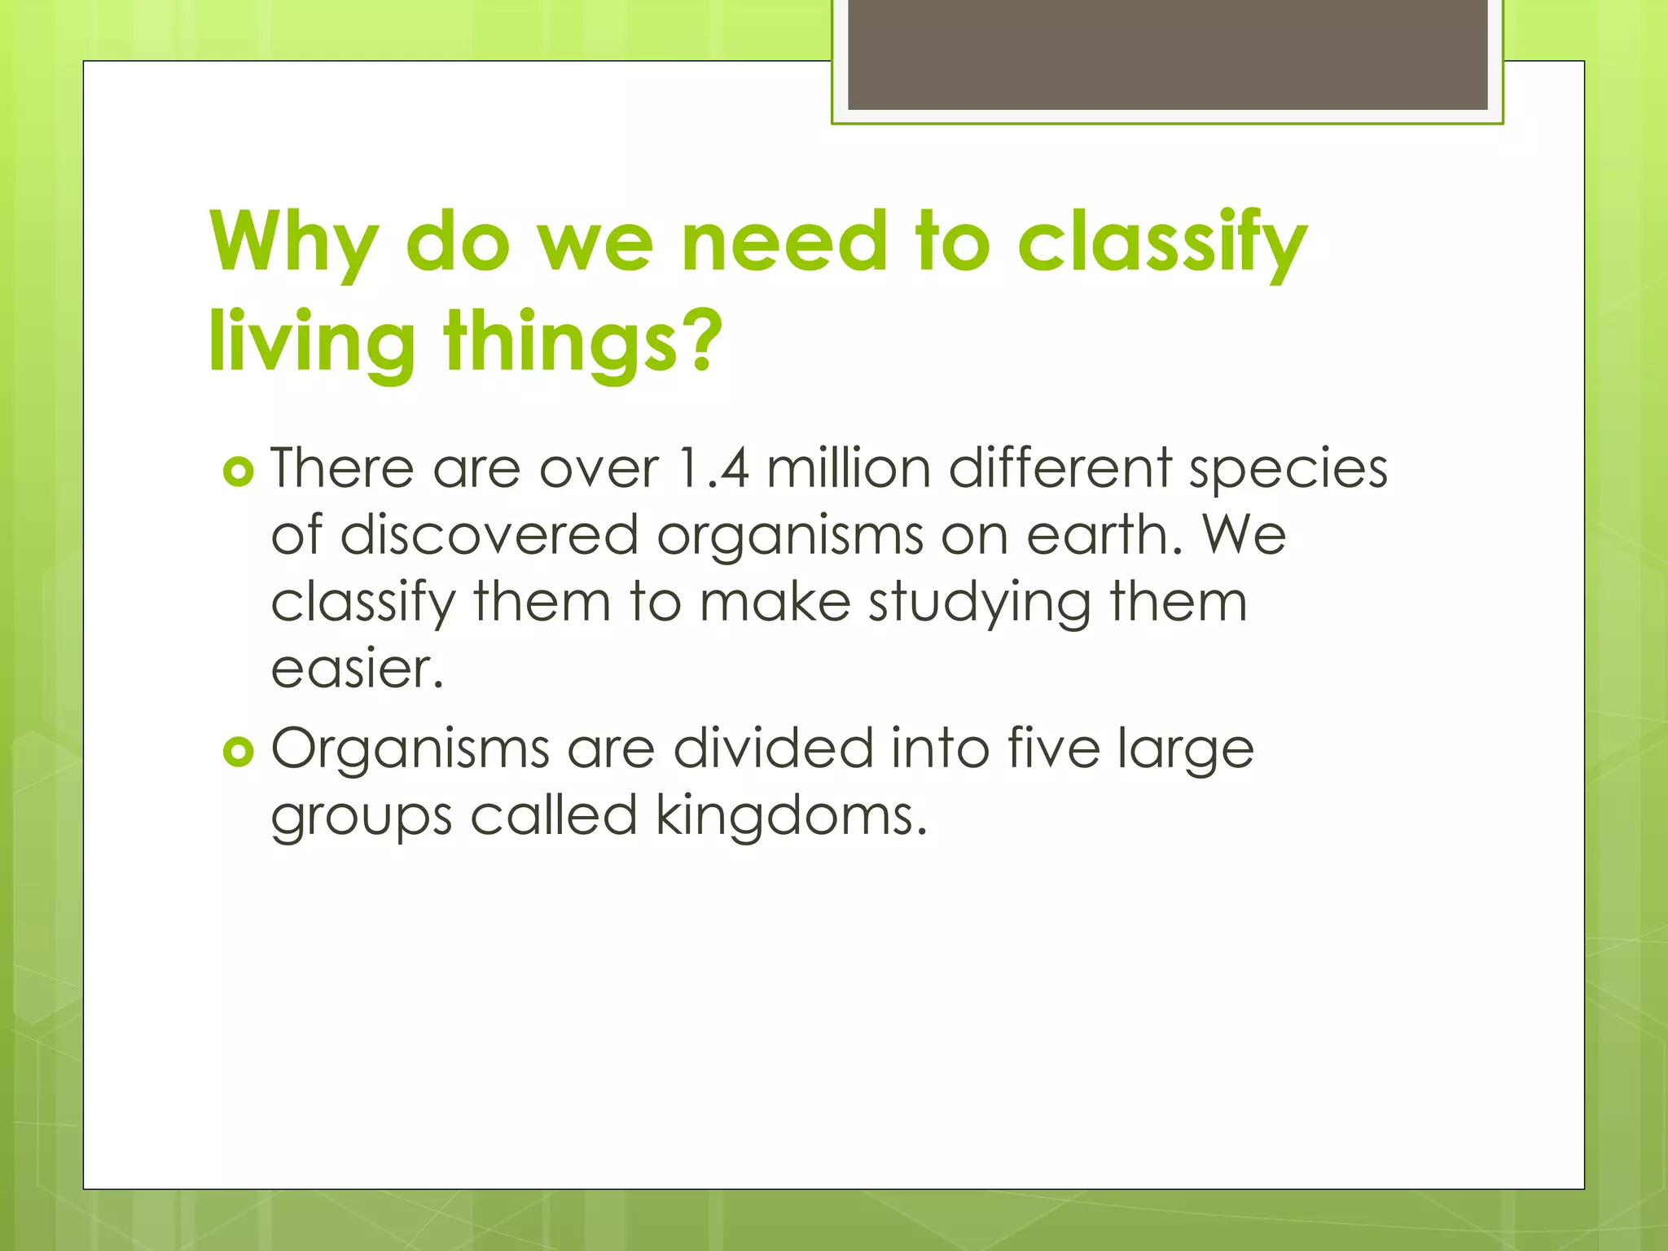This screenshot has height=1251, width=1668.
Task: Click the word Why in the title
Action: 293,242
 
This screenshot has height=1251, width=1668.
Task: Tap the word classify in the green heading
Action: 1162,242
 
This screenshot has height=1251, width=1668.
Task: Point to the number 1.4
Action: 713,468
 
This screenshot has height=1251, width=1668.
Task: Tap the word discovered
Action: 489,535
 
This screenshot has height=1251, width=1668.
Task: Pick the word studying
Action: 978,604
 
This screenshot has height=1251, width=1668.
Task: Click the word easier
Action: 357,669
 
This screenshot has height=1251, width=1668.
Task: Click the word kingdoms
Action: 791,815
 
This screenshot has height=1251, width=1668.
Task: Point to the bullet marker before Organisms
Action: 238,752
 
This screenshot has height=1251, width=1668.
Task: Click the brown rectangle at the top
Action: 1167,55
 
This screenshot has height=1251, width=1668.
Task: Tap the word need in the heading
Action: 784,242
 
